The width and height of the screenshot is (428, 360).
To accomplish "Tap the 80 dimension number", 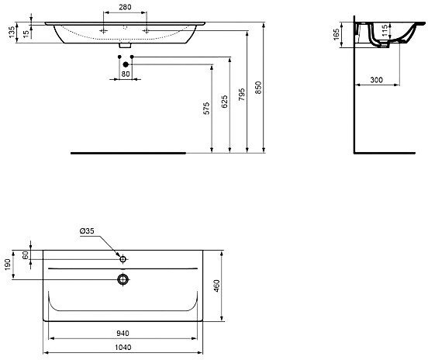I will (125, 74).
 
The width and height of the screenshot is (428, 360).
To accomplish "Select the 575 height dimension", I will (206, 109).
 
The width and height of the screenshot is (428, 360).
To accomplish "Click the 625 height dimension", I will (225, 106).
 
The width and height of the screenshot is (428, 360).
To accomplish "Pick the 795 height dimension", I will (242, 95).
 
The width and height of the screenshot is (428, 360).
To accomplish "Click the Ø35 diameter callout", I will (87, 231).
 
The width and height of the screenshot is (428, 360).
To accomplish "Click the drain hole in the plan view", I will (123, 278).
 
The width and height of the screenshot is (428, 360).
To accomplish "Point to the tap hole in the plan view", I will (123, 257).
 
